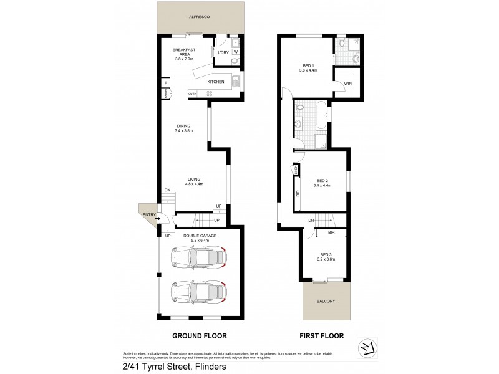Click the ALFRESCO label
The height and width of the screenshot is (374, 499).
199,18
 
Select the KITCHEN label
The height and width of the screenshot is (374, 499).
215,82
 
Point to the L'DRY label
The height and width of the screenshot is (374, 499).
222,52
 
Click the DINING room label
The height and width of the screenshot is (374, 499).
183,127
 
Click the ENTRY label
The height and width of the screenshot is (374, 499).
148,215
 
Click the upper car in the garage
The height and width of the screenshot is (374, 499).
198,257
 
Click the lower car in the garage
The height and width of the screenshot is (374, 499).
198,292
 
